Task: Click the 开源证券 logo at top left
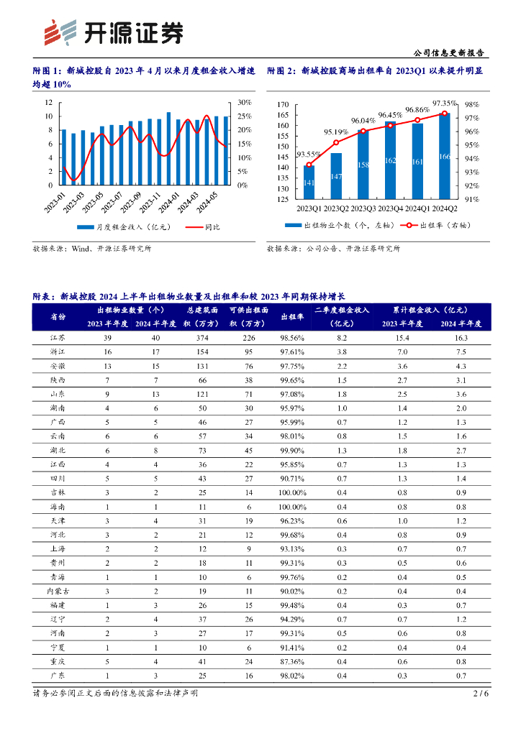(114, 32)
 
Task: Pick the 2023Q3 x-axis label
(363, 208)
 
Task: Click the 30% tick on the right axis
(243, 103)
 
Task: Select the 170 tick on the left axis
(282, 105)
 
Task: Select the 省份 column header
(58, 317)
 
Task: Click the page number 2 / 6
(481, 694)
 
